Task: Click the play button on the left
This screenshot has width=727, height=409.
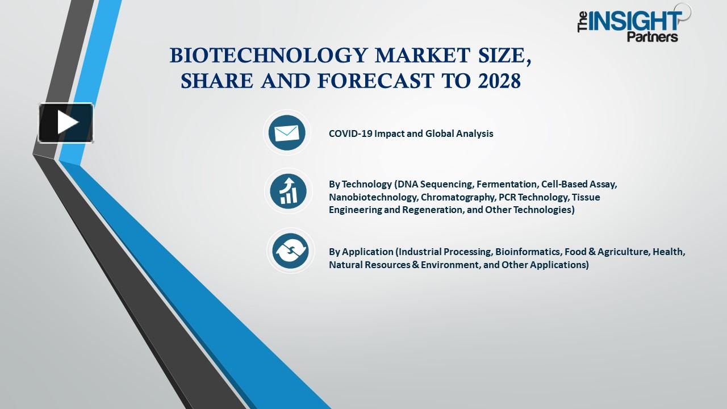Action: pos(66,123)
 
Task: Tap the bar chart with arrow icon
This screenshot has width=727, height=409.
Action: pos(288,191)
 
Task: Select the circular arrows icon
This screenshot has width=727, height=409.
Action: pos(290,251)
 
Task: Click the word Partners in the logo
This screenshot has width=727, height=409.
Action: pos(652,37)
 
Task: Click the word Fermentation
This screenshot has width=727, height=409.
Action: pos(507,185)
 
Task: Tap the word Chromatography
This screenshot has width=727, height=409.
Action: pos(457,197)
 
